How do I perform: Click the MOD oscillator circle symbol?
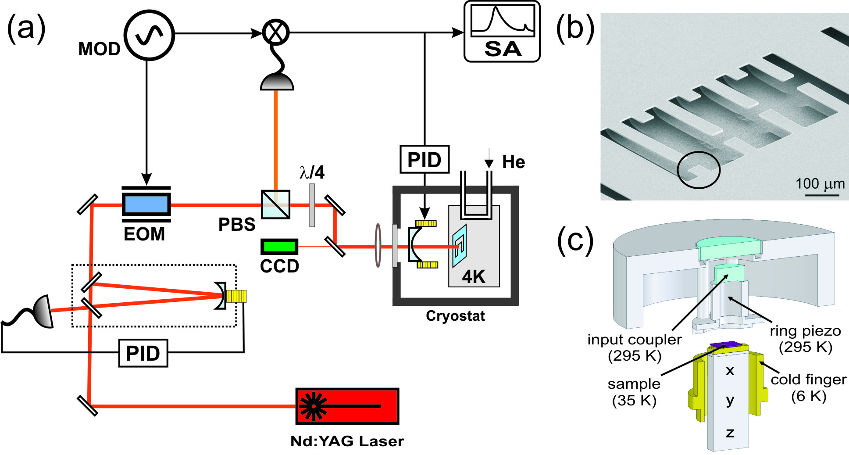click(x=149, y=35)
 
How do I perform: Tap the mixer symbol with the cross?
click(x=276, y=32)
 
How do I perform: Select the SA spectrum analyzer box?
click(x=502, y=32)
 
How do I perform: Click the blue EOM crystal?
click(x=146, y=204)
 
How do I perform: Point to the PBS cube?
click(x=275, y=204)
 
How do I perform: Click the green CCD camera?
click(x=279, y=247)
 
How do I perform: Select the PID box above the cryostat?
click(x=424, y=159)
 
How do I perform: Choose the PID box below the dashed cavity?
click(x=143, y=353)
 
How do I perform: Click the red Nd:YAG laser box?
click(x=347, y=406)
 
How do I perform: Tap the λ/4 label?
click(x=312, y=172)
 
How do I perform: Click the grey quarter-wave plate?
click(x=312, y=205)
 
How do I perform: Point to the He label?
click(x=514, y=162)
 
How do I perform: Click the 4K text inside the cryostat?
click(x=474, y=277)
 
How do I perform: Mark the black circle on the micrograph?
click(x=699, y=170)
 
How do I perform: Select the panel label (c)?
click(x=575, y=241)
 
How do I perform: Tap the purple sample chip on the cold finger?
click(x=724, y=345)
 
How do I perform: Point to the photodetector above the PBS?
click(x=277, y=82)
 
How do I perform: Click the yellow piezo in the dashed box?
click(x=237, y=296)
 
